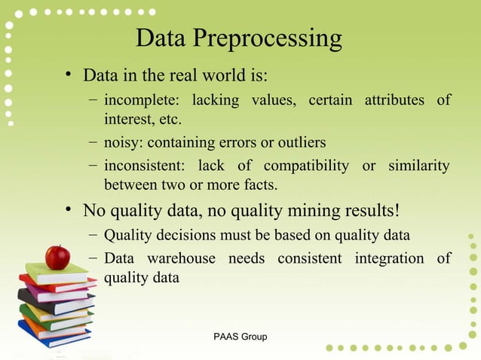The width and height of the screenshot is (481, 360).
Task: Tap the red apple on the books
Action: [x=57, y=257]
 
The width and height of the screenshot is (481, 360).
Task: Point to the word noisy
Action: [x=122, y=142]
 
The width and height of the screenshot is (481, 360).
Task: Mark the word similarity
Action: [x=418, y=165]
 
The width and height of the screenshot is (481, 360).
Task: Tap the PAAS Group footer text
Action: [x=240, y=337]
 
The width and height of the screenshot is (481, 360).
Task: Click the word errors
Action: [x=234, y=142]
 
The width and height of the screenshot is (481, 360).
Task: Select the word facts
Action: [x=258, y=184]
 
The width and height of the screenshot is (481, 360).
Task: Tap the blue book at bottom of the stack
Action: [x=53, y=334]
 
